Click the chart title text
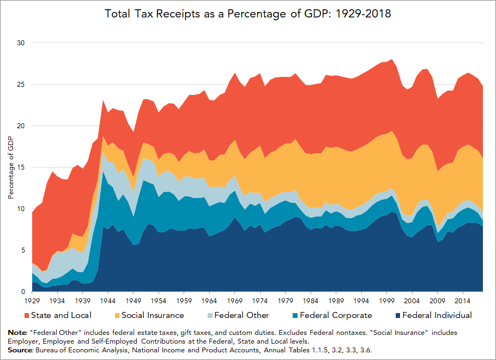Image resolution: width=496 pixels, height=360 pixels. [x=248, y=13]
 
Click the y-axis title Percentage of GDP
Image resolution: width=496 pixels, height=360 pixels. [x=11, y=167]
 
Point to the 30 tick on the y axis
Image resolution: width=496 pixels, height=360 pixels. [x=21, y=43]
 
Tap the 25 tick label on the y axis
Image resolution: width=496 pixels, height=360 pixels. [x=21, y=85]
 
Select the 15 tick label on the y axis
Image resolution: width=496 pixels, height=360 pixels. [x=21, y=167]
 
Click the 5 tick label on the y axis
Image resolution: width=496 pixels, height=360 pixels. [x=23, y=250]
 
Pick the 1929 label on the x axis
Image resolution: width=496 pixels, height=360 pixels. [x=32, y=301]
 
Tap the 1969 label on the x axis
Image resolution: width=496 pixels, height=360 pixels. [x=234, y=301]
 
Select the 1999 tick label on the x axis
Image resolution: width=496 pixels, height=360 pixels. [x=385, y=301]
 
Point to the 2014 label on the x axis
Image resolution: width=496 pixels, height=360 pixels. [x=462, y=301]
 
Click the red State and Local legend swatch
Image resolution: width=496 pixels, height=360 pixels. [x=26, y=315]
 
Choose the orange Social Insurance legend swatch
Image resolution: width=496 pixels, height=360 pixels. [x=117, y=315]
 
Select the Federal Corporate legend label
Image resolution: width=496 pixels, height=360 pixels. [x=336, y=315]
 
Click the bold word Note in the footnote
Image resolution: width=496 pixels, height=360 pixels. [x=18, y=332]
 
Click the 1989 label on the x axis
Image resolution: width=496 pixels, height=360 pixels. [x=335, y=301]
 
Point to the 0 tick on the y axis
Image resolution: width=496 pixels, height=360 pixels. [x=23, y=292]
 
